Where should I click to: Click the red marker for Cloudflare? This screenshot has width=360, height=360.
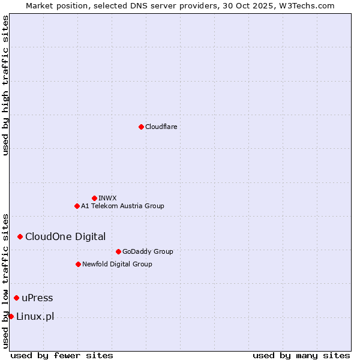pos(141,127)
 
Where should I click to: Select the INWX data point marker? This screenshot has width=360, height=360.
pos(94,198)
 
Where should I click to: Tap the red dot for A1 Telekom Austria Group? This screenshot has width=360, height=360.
pos(77,206)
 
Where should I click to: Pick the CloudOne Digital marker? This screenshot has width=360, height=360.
pos(20,236)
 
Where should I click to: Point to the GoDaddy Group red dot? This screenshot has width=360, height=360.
pos(118,251)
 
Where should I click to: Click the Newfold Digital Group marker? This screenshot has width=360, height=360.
pos(78,264)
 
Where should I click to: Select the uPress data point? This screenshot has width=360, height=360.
pos(16,298)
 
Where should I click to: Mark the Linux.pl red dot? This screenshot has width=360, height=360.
pos(11,316)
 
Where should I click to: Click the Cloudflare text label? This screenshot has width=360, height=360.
pos(161,127)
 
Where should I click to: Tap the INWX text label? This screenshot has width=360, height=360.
pos(107,198)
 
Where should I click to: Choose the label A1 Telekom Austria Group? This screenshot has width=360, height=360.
pos(122,206)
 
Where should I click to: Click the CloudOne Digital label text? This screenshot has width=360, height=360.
pos(65,236)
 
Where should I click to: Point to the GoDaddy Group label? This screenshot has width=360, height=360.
pos(148,251)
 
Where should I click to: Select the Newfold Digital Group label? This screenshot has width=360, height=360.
pos(117,264)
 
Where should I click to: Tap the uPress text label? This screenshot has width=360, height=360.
pos(37,298)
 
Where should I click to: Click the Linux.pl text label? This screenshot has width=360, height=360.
pos(35,316)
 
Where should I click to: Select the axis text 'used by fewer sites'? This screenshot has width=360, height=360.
pos(62,355)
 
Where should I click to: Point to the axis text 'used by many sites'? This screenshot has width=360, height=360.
pos(301,355)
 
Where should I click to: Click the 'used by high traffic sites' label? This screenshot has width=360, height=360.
pos(5,86)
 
